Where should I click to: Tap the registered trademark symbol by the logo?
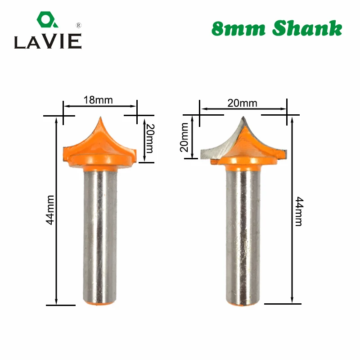click(x=78, y=25)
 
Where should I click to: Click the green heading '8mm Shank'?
click(x=276, y=28)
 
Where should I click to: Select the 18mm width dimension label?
click(x=98, y=100)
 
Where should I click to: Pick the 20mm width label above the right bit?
click(x=242, y=103)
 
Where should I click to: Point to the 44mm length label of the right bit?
click(x=298, y=211)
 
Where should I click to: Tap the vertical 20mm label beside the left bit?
click(x=149, y=138)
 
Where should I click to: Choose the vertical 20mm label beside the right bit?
click(x=184, y=138)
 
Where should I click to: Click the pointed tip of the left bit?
click(x=100, y=118)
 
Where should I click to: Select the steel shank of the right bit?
click(x=243, y=234)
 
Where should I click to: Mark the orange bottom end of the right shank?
click(x=243, y=305)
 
